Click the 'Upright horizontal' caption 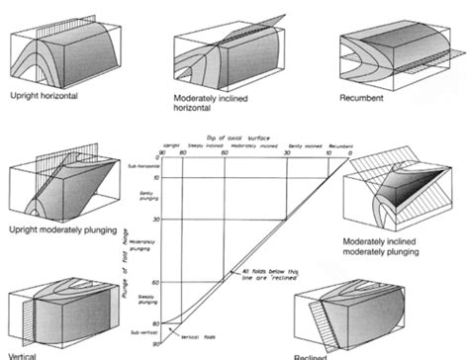[x=44, y=98]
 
